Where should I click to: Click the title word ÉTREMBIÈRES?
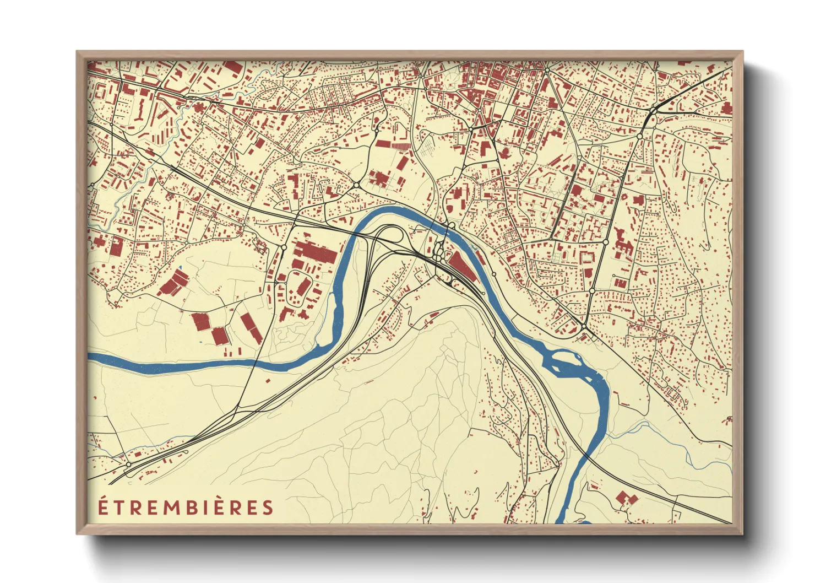tap(186, 507)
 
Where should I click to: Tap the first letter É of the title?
tap(102, 506)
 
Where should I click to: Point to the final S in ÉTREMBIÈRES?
tap(268, 508)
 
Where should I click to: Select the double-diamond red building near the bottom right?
tap(626, 498)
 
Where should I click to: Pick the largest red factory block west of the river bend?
tap(314, 254)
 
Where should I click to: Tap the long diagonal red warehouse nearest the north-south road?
tap(251, 328)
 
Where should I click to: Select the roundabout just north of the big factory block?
tap(284, 247)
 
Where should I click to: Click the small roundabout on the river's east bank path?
tap(494, 274)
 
